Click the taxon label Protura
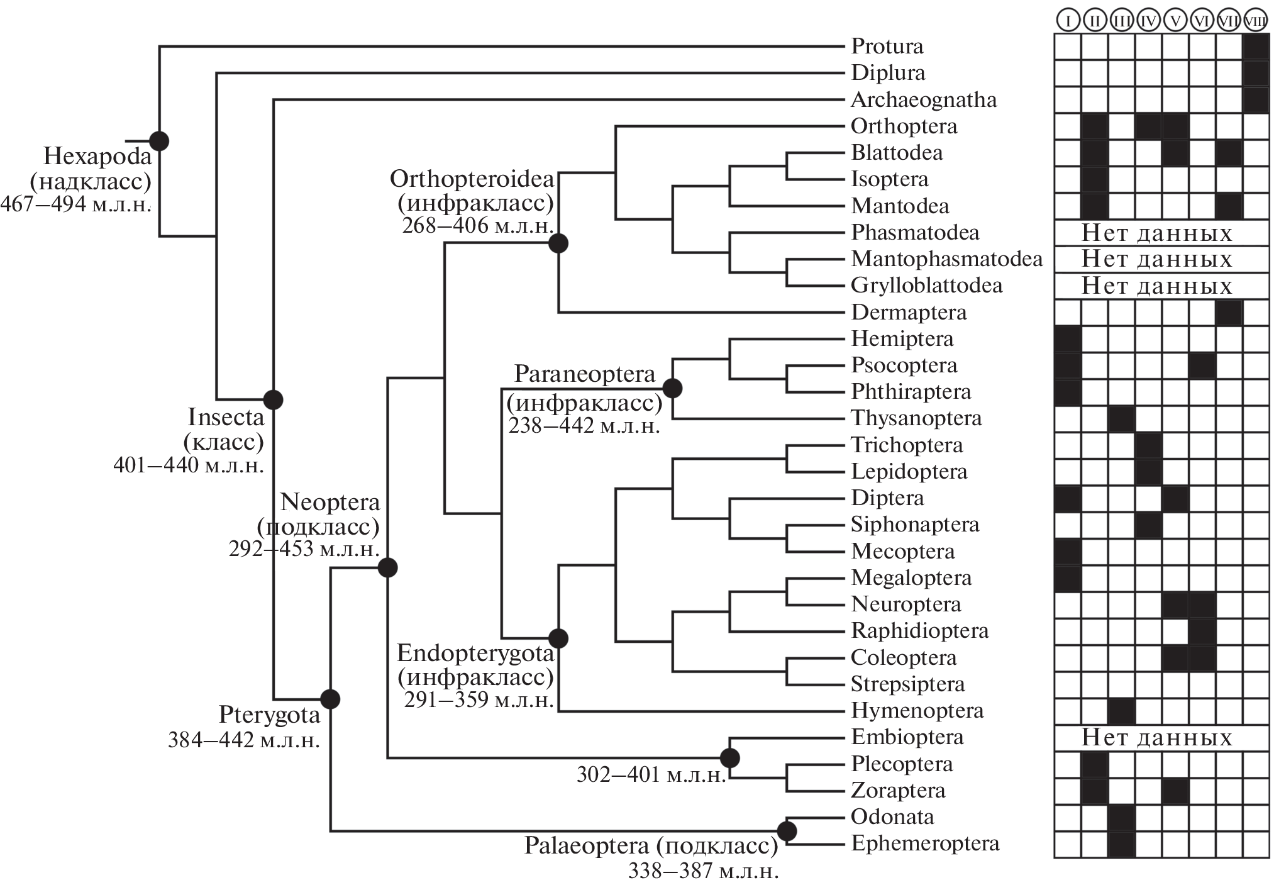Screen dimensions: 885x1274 pyautogui.click(x=887, y=46)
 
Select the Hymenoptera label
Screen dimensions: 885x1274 pyautogui.click(x=917, y=711)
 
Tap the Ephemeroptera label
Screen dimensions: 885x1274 pyautogui.click(x=925, y=843)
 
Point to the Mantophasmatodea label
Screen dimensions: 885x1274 pyautogui.click(x=946, y=259)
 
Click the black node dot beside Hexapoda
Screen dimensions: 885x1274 pyautogui.click(x=159, y=141)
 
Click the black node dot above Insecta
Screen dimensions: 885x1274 pyautogui.click(x=273, y=399)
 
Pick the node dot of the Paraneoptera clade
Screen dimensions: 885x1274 pyautogui.click(x=672, y=388)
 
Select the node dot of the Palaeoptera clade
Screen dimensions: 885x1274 pyautogui.click(x=787, y=831)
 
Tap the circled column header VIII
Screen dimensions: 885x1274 pyautogui.click(x=1256, y=21)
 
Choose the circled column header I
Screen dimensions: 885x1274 pyautogui.click(x=1067, y=21)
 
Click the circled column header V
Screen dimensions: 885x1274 pyautogui.click(x=1175, y=21)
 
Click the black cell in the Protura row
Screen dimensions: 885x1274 pyautogui.click(x=1256, y=47)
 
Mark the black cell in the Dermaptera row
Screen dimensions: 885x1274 pyautogui.click(x=1229, y=313)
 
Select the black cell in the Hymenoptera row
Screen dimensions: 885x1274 pyautogui.click(x=1121, y=711)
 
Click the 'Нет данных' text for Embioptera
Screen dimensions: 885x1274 pyautogui.click(x=1156, y=737)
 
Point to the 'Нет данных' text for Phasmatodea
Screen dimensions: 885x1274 pyautogui.click(x=1156, y=233)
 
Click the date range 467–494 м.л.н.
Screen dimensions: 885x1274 pyautogui.click(x=75, y=204)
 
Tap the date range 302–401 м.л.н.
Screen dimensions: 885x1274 pyautogui.click(x=651, y=774)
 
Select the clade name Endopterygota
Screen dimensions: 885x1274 pyautogui.click(x=475, y=653)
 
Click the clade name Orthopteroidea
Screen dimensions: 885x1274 pyautogui.click(x=472, y=179)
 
